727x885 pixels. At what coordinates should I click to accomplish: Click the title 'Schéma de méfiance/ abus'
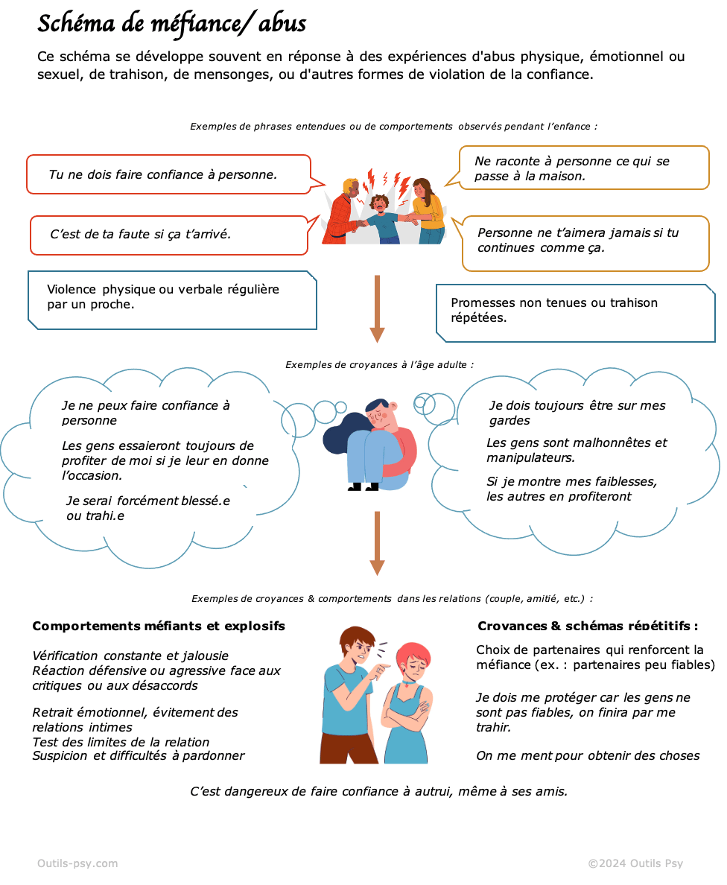(171, 24)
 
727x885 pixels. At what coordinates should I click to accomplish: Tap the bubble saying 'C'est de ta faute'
(168, 235)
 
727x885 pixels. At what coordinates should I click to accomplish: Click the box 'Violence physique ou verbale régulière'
(172, 298)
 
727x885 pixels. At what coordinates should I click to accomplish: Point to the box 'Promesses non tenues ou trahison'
(574, 311)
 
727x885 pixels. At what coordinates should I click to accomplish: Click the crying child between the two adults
(381, 216)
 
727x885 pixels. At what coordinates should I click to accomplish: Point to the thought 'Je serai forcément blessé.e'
(147, 508)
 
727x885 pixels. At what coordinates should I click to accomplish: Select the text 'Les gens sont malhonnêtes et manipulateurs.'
(577, 450)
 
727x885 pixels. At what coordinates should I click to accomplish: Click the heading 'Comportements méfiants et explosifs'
(159, 627)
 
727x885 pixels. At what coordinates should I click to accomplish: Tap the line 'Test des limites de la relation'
(121, 742)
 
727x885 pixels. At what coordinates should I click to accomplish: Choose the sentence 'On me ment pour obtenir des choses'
(588, 756)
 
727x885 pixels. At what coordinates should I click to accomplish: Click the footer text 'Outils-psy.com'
(77, 863)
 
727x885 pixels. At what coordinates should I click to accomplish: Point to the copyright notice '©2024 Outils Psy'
(635, 863)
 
